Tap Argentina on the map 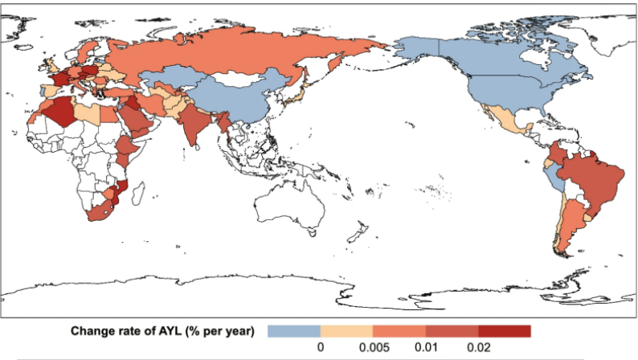(566, 225)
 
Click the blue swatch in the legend (293, 330)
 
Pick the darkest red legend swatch (505, 330)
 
